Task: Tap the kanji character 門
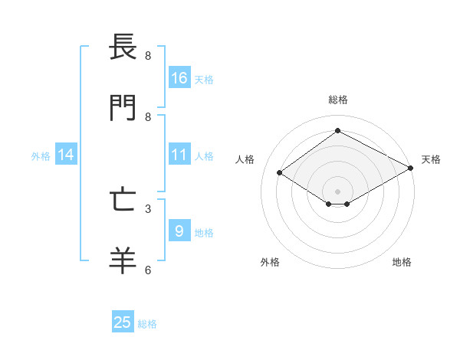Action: pos(123,108)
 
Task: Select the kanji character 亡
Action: pos(123,200)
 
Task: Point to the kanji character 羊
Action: pos(123,261)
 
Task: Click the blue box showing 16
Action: pos(179,78)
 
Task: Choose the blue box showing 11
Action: pos(179,155)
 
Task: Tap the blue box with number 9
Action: pos(179,231)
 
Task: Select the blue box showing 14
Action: pos(66,155)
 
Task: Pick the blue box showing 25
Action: pos(123,322)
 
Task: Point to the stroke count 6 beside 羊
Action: pos(148,270)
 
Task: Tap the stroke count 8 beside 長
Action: pos(148,55)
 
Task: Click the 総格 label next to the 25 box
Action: pos(147,324)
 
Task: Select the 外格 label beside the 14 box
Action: pos(41,155)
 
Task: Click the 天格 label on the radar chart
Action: pos(431,159)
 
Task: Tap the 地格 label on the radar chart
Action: pos(402,263)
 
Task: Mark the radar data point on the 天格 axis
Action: pos(411,168)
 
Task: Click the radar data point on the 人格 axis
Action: pos(280,173)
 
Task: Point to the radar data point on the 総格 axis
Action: pos(337,130)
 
